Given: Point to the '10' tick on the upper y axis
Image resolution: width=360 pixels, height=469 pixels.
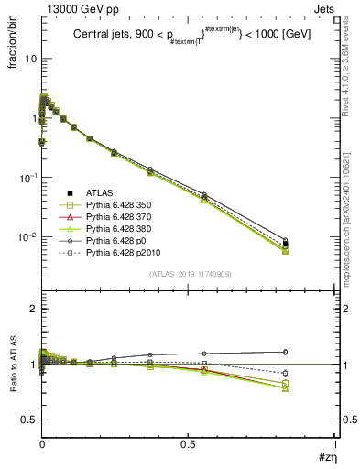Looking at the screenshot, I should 30,58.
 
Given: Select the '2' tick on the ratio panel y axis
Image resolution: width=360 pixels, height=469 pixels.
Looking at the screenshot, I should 33,310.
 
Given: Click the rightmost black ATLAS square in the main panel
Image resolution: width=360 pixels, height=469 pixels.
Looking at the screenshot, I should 286,244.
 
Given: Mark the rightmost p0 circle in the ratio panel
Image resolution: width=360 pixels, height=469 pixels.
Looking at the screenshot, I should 286,352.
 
